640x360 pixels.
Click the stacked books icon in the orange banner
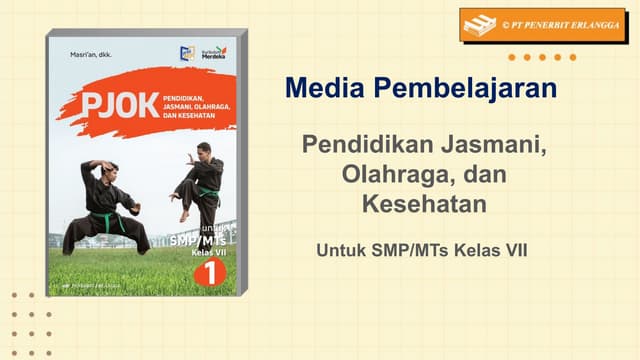pos(480,25)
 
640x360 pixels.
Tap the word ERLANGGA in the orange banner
pos(589,25)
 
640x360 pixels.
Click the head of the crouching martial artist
pos(110,169)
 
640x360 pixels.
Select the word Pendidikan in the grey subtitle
pos(365,144)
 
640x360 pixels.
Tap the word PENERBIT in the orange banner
pos(538,25)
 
